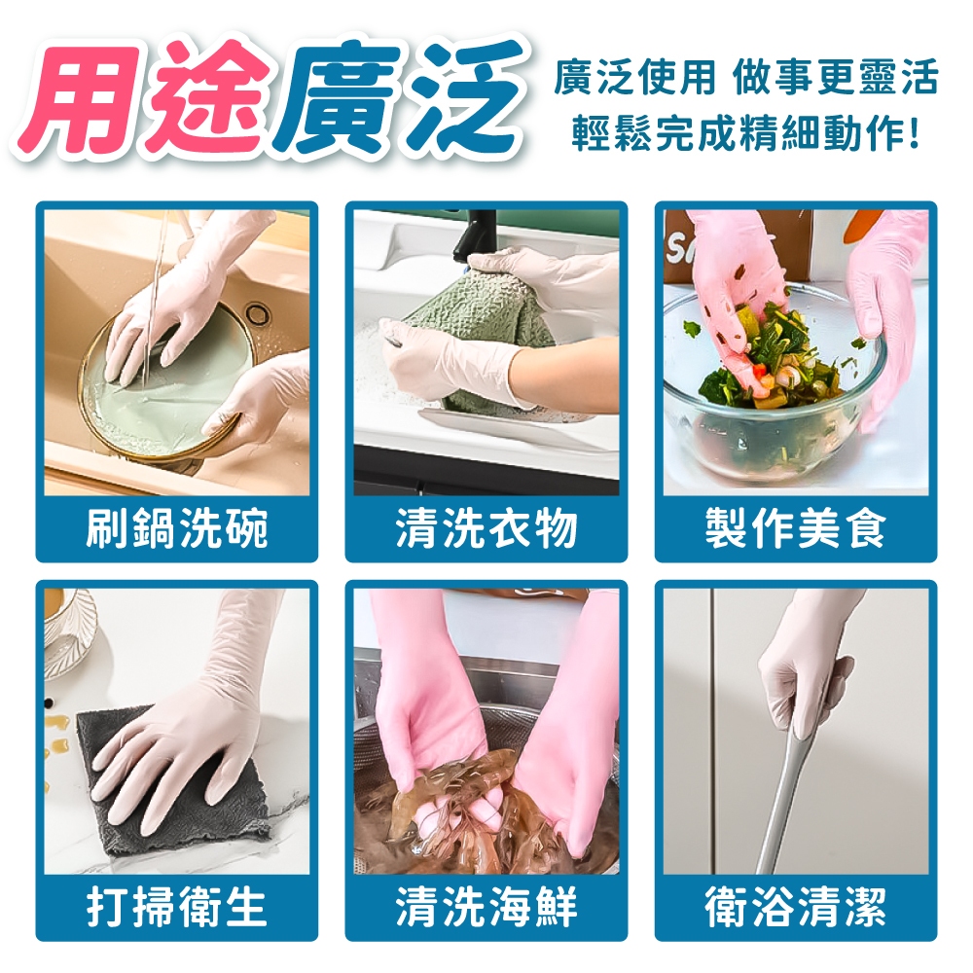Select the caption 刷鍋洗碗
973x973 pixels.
(x=176, y=528)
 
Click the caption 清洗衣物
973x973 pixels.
(x=486, y=528)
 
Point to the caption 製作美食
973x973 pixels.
(x=796, y=528)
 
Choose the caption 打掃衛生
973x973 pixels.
(x=176, y=907)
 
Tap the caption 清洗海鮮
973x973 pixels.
(x=486, y=907)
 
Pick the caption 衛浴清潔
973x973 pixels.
(x=796, y=907)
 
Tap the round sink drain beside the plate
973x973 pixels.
(x=256, y=312)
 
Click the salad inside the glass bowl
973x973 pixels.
(x=775, y=360)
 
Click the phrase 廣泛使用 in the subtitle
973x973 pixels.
(x=634, y=78)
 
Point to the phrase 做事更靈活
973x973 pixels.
(x=835, y=78)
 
